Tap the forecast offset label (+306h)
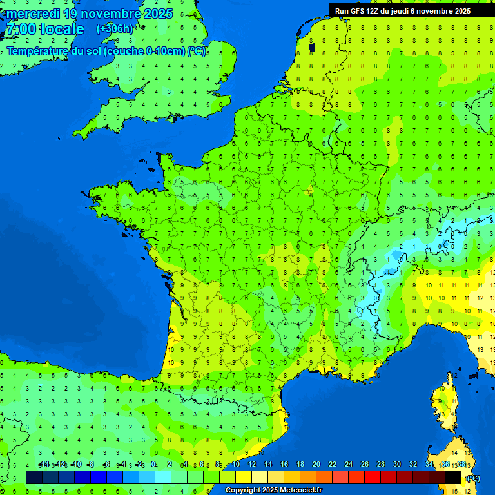pyautogui.click(x=115, y=28)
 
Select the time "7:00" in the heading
pyautogui.click(x=19, y=29)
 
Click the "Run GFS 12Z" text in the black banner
pyautogui.click(x=358, y=11)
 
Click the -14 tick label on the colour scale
pyautogui.click(x=44, y=465)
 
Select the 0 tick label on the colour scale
pyautogui.click(x=153, y=465)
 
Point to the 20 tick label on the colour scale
pyautogui.click(x=316, y=465)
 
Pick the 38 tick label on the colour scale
pyautogui.click(x=461, y=465)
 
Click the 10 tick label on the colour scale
pyautogui.click(x=236, y=465)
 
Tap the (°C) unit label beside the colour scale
pyautogui.click(x=473, y=478)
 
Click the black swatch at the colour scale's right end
pyautogui.click(x=453, y=477)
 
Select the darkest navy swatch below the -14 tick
pyautogui.click(x=34, y=477)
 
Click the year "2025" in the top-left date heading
pyautogui.click(x=158, y=14)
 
